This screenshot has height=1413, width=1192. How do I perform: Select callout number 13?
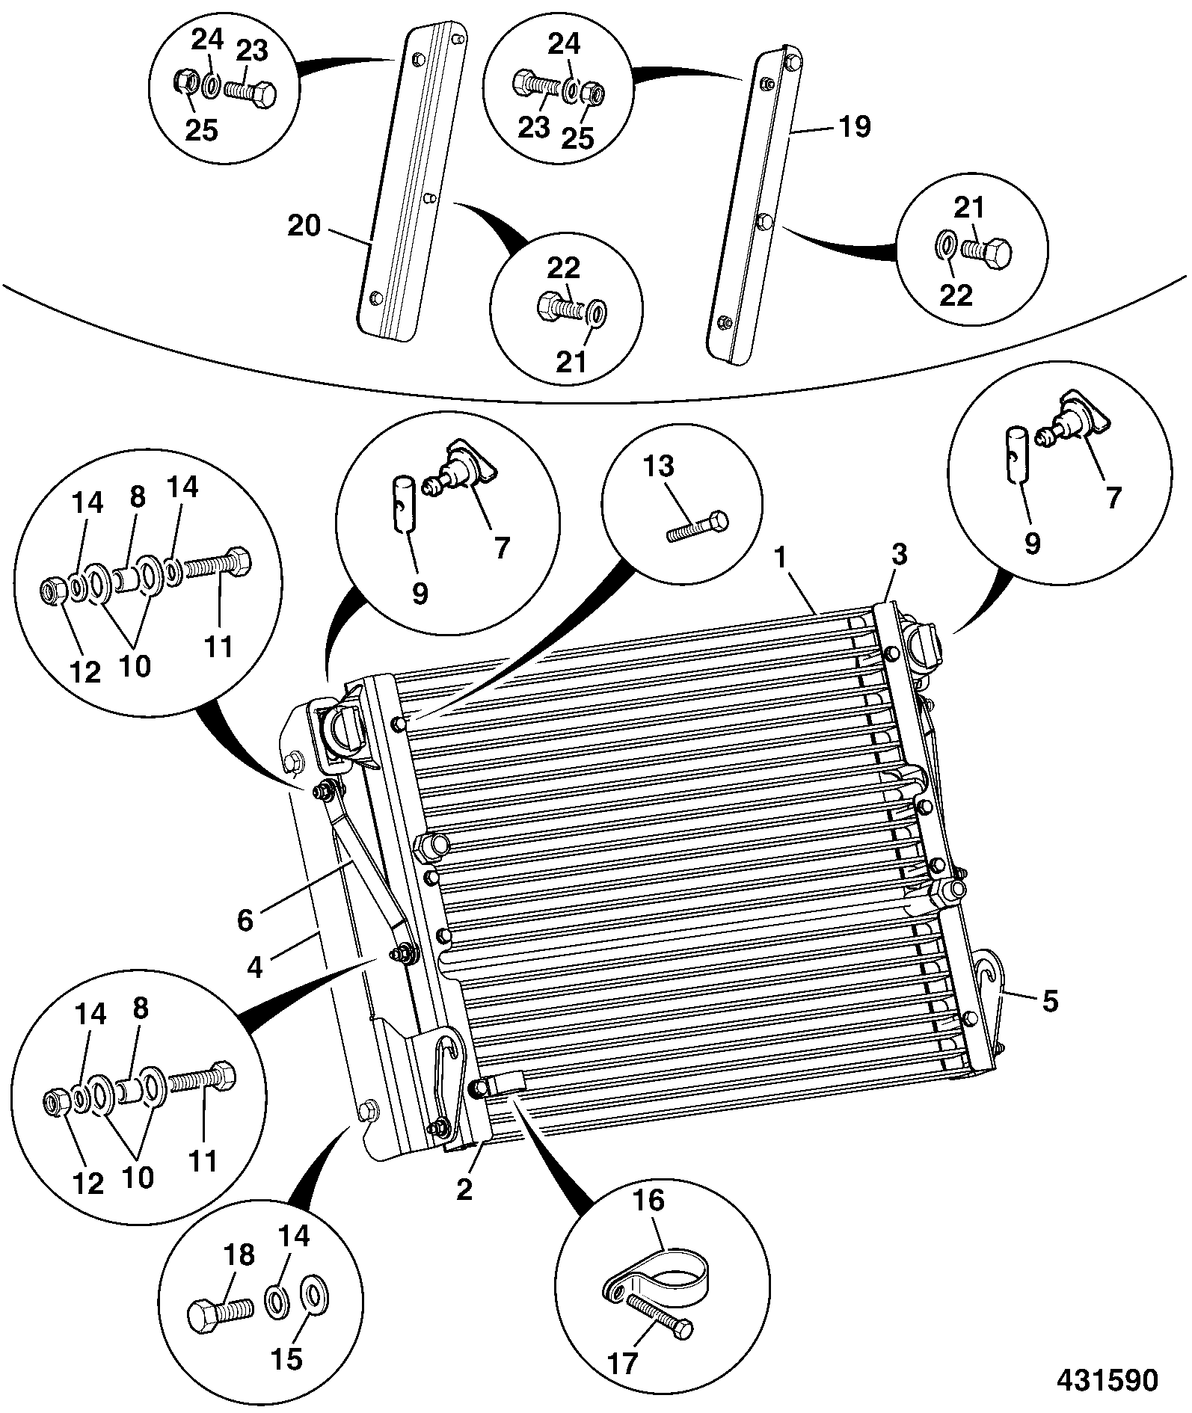coord(659,467)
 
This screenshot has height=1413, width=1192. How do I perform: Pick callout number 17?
coord(622,1363)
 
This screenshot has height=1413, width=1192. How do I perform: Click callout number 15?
coord(287,1359)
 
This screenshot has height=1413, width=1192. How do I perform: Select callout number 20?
coord(304,225)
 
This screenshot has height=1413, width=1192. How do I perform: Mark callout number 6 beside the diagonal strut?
coord(245,920)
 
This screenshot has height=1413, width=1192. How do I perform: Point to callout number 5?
coord(1051,1001)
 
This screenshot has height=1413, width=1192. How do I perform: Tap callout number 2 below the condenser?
coord(464,1189)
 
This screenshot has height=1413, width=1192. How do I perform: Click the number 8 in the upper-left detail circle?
coord(138,498)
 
